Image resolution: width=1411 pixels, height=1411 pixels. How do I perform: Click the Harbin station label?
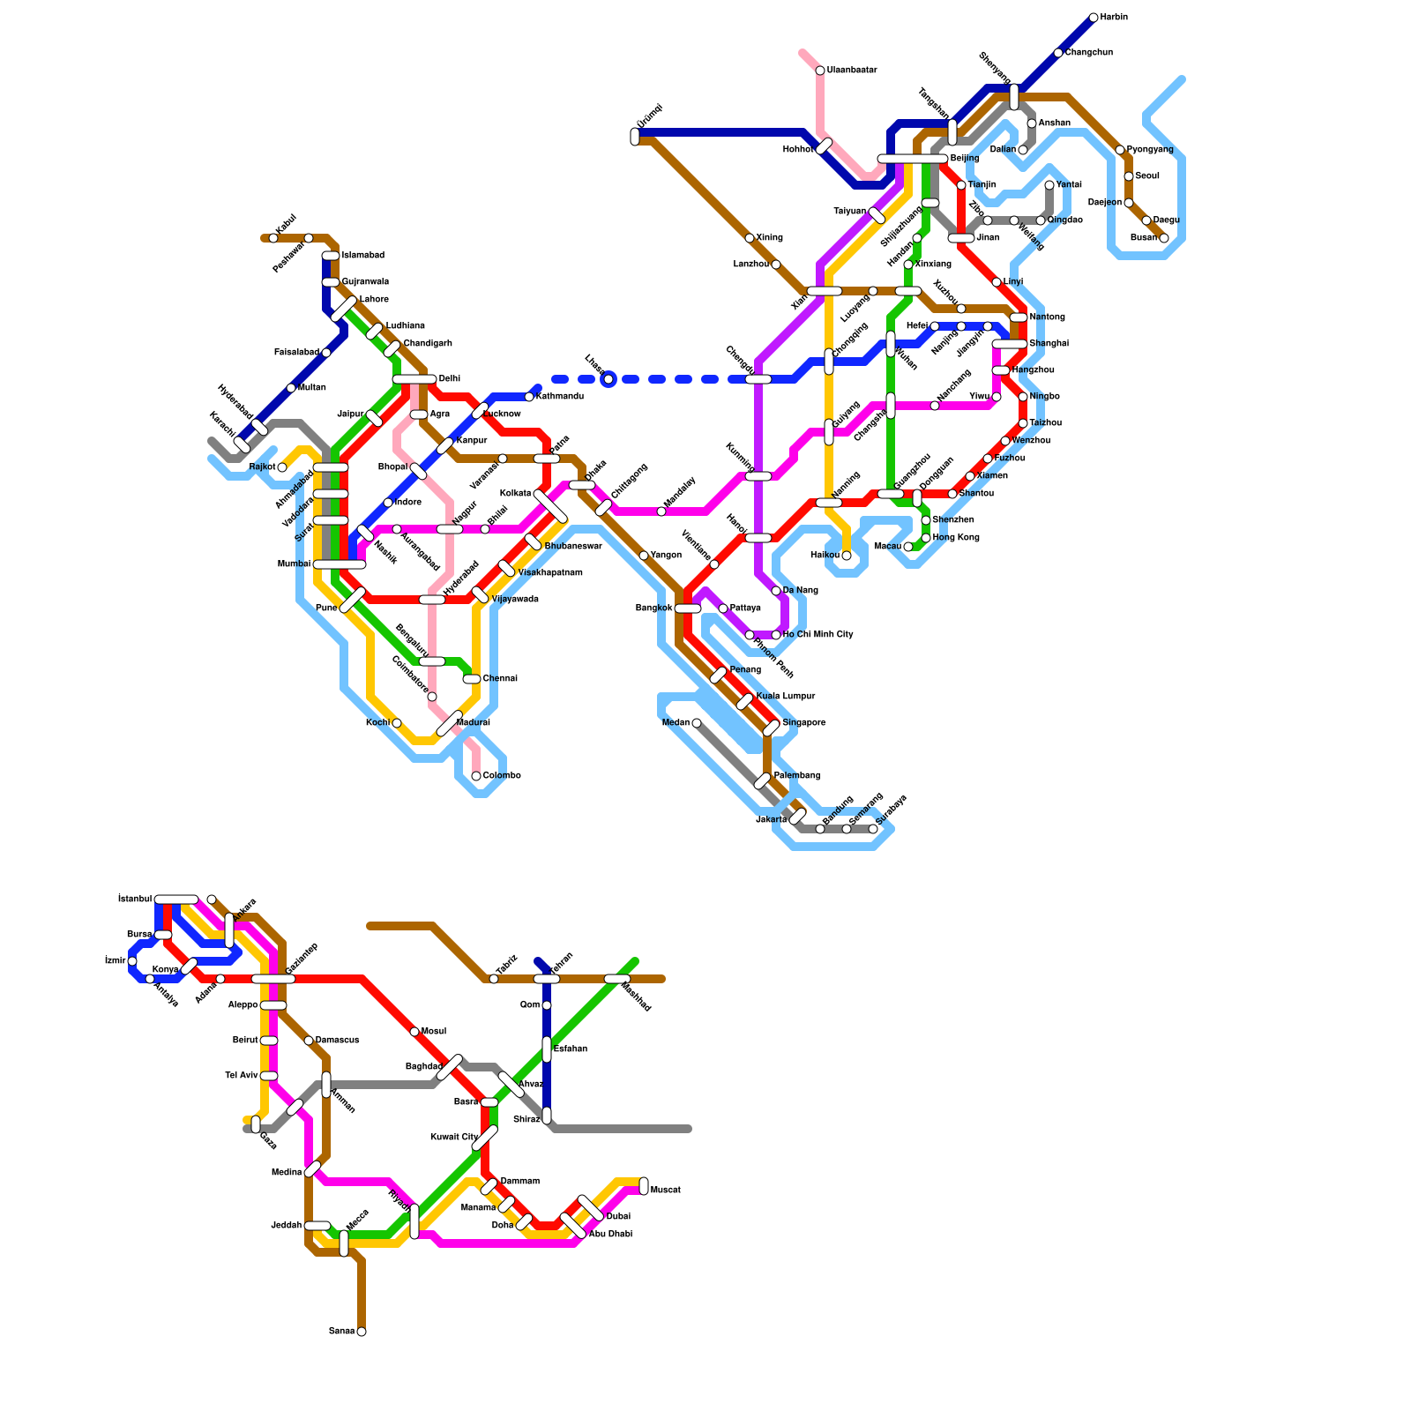pos(1114,18)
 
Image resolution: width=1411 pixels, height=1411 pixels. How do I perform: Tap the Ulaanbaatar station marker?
pos(820,71)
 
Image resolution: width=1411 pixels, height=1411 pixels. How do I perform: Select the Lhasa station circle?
pos(608,379)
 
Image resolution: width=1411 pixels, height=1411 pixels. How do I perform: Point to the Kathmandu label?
pos(560,397)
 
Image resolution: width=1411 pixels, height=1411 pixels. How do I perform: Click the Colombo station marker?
pos(476,776)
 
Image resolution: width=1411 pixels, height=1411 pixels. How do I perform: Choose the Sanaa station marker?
pos(362,1332)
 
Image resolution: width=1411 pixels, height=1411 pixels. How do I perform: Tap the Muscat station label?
pos(665,1191)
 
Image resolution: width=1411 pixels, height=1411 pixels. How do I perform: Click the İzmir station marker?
pos(132,961)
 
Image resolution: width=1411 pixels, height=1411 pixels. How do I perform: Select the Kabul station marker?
pos(273,238)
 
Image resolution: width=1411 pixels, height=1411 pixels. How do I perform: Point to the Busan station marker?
pos(1164,238)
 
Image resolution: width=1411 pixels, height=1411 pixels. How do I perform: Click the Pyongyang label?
pos(1150,150)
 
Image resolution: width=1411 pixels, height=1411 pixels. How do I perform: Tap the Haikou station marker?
pos(847,556)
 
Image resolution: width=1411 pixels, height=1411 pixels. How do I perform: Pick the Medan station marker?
pos(697,723)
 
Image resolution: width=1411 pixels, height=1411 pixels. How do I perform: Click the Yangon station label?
pos(666,556)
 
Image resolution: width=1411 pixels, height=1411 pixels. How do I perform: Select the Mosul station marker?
pos(414,1032)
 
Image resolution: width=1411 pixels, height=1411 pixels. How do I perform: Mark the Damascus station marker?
pos(309,1041)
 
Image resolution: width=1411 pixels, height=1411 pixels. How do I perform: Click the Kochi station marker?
pos(397,723)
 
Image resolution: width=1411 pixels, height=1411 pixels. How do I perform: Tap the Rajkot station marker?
pos(282,467)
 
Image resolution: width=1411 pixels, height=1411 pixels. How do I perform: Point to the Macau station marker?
pos(908,547)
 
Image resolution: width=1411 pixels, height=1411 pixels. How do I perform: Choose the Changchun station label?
pos(1088,53)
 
